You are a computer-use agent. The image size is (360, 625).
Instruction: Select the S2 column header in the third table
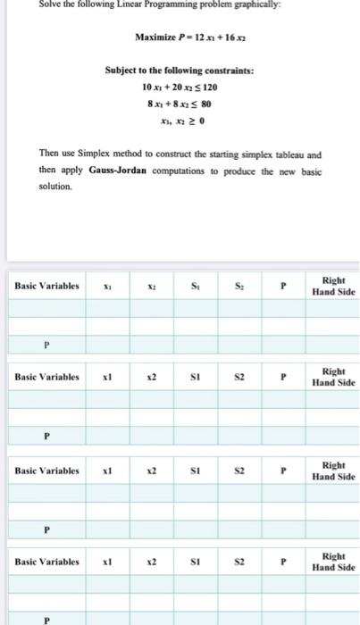point(238,471)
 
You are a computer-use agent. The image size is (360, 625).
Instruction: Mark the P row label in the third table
point(46,529)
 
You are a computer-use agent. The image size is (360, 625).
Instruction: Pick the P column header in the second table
point(283,379)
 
